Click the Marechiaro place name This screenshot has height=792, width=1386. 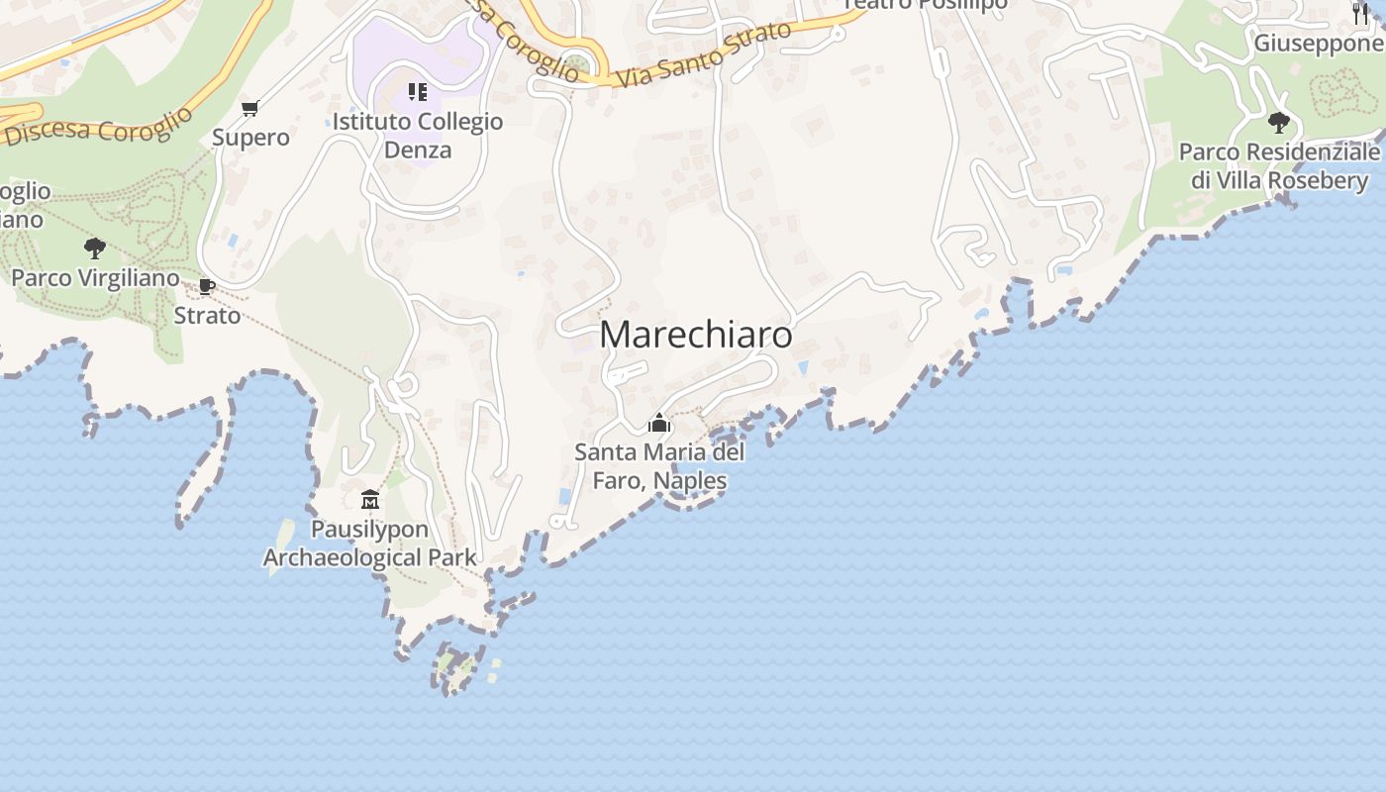696,335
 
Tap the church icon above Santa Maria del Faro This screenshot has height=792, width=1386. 659,424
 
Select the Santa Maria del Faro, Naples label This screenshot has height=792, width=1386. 659,466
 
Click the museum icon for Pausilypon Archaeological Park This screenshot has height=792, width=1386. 370,499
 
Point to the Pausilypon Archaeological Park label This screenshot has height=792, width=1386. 369,544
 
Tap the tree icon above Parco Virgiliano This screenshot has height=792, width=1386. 95,247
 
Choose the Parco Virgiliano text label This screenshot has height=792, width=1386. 95,277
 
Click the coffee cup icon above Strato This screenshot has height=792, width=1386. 207,287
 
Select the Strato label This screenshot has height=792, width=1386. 207,316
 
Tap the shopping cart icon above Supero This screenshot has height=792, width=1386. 250,108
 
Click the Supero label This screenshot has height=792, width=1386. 250,138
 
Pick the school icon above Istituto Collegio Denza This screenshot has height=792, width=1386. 418,92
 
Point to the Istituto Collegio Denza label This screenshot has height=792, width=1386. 418,136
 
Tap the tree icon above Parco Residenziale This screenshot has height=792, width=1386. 1279,123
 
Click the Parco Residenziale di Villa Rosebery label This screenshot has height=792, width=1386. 1279,166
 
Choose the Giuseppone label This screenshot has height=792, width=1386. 1319,44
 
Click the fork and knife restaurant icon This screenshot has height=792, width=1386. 1360,13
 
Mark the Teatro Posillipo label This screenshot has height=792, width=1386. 926,4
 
